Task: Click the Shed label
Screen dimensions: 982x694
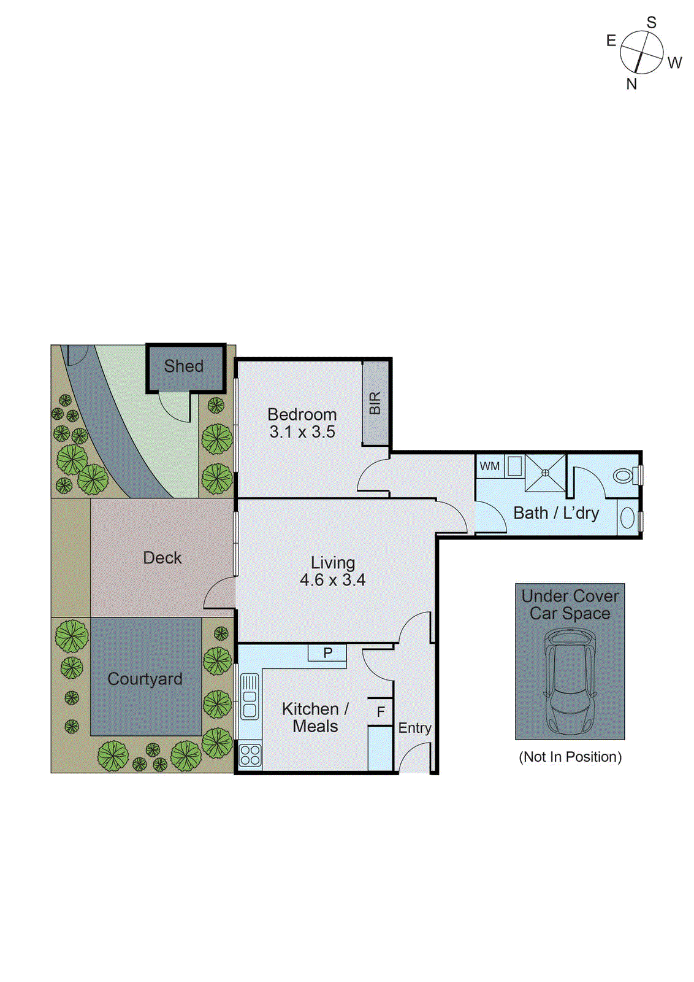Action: click(184, 366)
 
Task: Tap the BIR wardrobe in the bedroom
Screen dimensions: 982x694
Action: click(375, 403)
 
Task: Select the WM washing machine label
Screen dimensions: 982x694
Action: click(489, 466)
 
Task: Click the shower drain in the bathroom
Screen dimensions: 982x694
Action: click(545, 473)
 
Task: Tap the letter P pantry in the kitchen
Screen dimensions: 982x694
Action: click(327, 652)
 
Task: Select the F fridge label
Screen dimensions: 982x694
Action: click(381, 712)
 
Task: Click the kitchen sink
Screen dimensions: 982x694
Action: click(250, 697)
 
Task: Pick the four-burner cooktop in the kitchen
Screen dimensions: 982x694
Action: click(250, 754)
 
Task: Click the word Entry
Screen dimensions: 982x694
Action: click(414, 728)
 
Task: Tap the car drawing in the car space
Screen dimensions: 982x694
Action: click(570, 681)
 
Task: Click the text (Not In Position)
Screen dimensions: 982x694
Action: click(570, 757)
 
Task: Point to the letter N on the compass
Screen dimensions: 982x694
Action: click(631, 84)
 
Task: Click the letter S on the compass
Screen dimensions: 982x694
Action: click(651, 23)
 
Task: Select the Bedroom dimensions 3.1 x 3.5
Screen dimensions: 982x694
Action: click(302, 432)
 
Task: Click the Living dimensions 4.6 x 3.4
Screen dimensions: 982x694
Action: click(332, 580)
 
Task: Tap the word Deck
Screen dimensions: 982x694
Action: click(162, 558)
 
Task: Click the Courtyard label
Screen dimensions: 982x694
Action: click(145, 679)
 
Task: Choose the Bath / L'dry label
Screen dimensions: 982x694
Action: click(556, 513)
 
